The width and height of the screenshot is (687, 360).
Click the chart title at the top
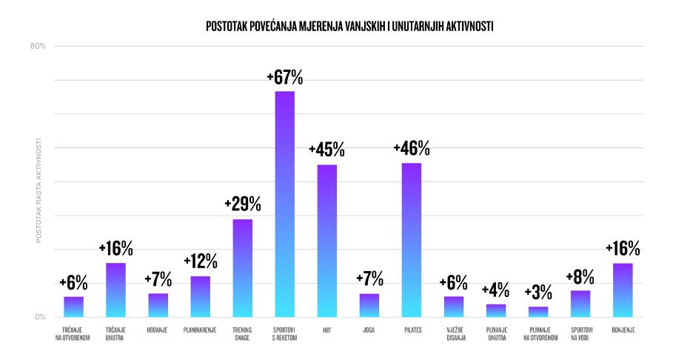350,27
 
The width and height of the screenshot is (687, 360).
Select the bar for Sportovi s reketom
285,204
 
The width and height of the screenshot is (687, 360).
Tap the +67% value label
285,77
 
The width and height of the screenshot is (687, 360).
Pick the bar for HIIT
327,241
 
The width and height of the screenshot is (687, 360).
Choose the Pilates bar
412,240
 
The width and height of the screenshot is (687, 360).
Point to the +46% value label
412,148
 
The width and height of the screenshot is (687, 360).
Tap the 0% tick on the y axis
40,317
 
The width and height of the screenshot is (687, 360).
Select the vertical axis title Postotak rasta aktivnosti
38,190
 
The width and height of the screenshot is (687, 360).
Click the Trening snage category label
243,334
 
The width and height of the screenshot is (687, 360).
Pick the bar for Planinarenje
201,296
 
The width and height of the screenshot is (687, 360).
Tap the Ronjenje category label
623,330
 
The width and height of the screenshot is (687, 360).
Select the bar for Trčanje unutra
116,290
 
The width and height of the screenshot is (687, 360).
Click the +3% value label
538,293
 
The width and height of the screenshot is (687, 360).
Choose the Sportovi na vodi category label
580,334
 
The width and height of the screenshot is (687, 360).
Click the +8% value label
580,277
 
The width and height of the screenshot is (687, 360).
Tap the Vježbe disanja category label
454,334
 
